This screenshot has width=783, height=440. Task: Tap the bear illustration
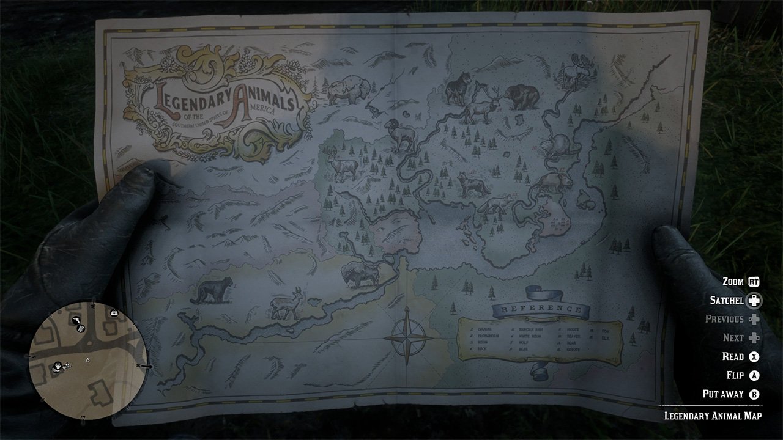click(x=521, y=96)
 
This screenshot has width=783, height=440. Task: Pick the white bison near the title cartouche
click(x=346, y=90)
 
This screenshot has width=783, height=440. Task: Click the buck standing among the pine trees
click(x=341, y=165)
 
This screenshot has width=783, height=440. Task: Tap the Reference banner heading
click(x=541, y=309)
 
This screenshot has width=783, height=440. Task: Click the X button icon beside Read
click(x=754, y=357)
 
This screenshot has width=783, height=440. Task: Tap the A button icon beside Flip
click(x=754, y=375)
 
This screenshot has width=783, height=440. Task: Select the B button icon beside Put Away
click(x=754, y=394)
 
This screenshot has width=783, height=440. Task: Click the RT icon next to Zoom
click(x=754, y=282)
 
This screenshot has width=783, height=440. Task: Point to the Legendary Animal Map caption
click(x=713, y=416)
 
